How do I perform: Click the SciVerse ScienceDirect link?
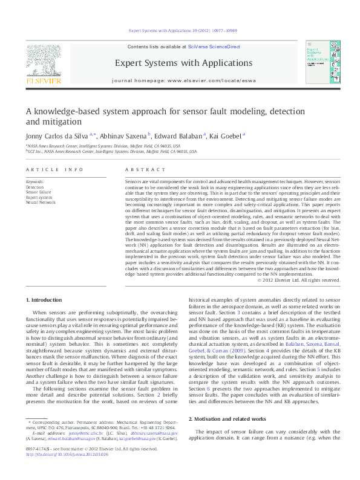click(x=214, y=47)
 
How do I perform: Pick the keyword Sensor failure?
click(x=38, y=192)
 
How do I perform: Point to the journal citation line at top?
click(x=180, y=30)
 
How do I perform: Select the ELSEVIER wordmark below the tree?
click(x=43, y=79)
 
